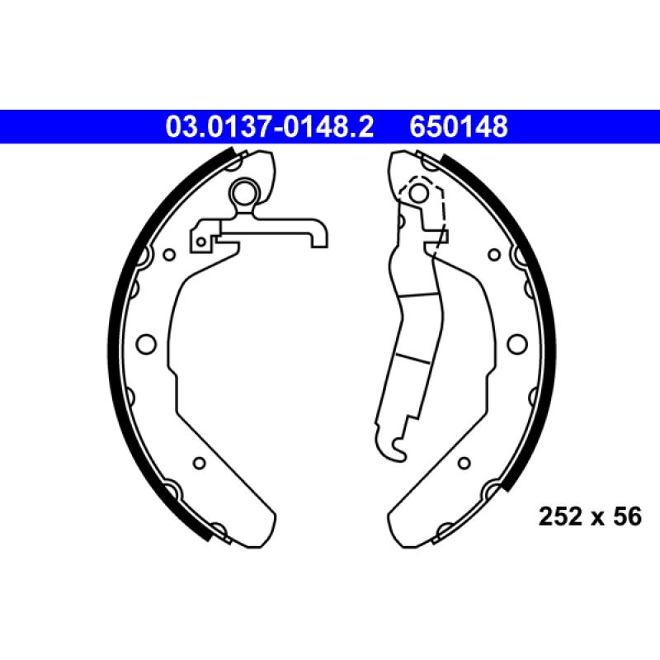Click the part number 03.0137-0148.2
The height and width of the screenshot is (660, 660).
coord(270,127)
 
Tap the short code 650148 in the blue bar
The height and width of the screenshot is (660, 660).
coord(459,127)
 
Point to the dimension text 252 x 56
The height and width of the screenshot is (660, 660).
coord(590,516)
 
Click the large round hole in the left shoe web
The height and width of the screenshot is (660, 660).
coord(146,343)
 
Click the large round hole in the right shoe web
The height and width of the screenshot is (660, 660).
coord(517,343)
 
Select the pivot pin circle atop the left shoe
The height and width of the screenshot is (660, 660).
coord(243,193)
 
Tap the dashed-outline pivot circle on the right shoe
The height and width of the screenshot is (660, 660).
coord(418,193)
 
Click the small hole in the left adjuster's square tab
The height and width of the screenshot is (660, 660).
coord(201,242)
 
